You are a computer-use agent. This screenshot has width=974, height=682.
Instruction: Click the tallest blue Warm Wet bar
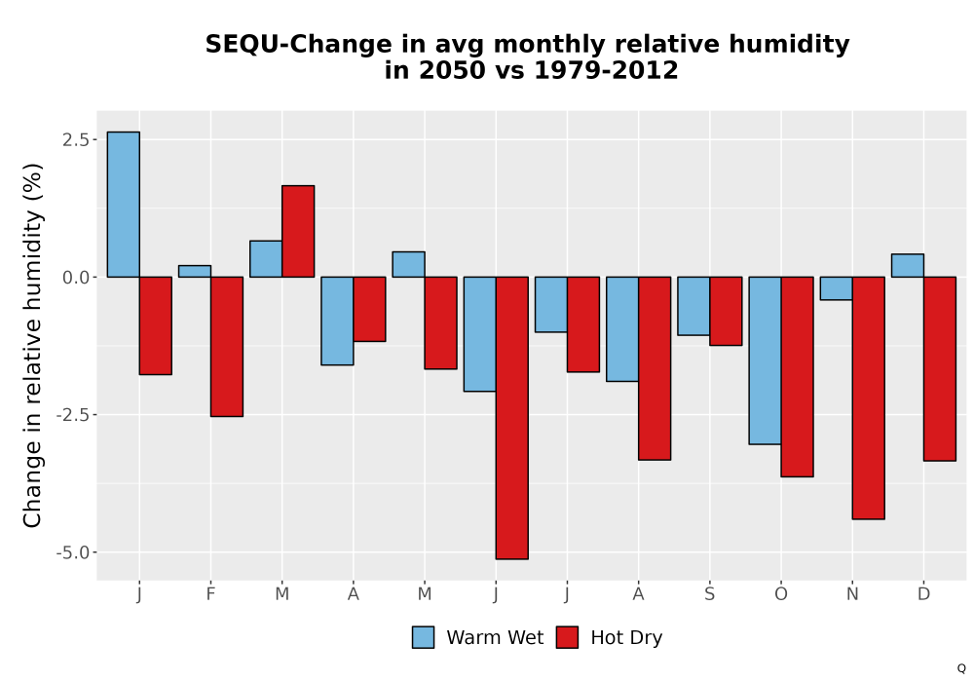(123, 205)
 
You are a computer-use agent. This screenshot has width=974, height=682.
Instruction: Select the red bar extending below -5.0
(512, 418)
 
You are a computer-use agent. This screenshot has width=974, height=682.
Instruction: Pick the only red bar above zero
(298, 231)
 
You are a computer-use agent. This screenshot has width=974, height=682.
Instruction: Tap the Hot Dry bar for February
(227, 347)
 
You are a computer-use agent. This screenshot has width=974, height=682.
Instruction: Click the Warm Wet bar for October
(765, 360)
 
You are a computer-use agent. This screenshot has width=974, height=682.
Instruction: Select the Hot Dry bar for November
(869, 398)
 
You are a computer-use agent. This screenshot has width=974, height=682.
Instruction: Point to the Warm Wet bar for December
(908, 265)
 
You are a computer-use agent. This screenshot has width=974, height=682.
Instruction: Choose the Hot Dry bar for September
(726, 311)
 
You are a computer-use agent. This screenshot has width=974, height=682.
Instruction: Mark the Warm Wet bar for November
(836, 288)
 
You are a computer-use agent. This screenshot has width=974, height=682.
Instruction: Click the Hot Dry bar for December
(940, 368)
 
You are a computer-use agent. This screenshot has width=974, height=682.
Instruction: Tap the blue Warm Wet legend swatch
(423, 637)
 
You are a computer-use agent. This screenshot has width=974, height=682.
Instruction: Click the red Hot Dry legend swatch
(567, 637)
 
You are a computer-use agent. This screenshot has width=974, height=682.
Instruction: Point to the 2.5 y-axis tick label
(75, 139)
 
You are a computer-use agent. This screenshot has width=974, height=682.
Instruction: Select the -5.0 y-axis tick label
(72, 552)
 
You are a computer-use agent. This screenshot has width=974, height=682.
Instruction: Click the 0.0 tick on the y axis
(75, 277)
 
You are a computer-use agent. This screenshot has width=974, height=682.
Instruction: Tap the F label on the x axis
(210, 594)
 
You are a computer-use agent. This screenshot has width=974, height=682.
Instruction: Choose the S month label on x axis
(709, 594)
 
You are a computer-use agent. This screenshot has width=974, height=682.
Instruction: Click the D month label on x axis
(923, 594)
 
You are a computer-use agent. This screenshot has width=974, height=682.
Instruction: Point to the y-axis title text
(32, 345)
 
